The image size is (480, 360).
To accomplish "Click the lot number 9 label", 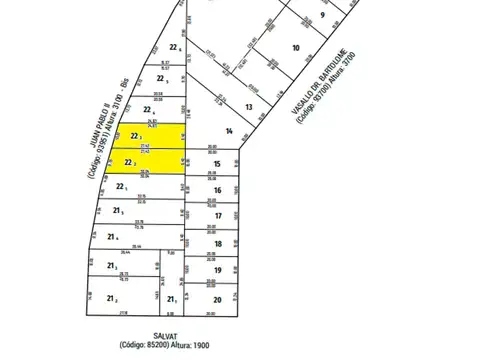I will (323, 15).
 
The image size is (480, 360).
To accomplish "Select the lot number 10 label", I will (295, 48).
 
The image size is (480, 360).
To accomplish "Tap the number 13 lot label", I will (249, 106).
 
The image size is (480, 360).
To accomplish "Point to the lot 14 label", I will (229, 131).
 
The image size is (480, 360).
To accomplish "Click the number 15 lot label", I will (217, 163).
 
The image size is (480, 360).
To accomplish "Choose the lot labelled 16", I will (217, 190).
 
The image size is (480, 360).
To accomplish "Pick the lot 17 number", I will (217, 216).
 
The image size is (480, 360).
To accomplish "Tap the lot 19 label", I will (217, 271).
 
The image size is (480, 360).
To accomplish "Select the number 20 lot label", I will (217, 299).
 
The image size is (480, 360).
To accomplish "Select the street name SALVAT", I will (166, 336).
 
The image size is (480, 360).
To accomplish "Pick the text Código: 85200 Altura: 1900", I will (166, 347).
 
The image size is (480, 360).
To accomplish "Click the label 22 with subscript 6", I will (175, 48).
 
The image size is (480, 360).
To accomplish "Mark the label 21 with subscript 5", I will (120, 211).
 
